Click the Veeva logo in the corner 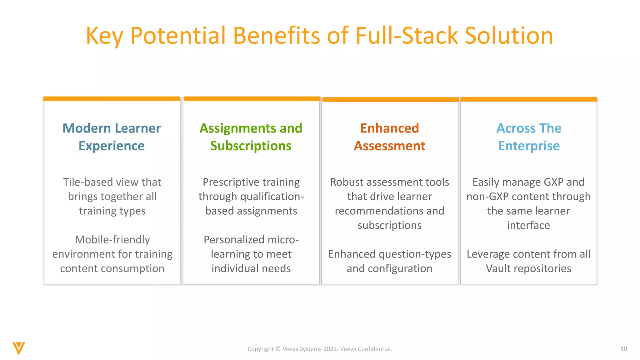click(x=19, y=348)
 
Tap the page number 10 click(x=623, y=349)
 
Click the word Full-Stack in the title click(x=406, y=35)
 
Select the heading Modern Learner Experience click(x=112, y=137)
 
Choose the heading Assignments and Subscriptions click(x=251, y=137)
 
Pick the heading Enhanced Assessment click(x=389, y=137)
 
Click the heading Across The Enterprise click(x=529, y=137)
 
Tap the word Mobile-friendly click(x=112, y=240)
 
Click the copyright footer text click(x=320, y=349)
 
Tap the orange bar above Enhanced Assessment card click(x=390, y=100)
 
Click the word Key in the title click(x=104, y=36)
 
